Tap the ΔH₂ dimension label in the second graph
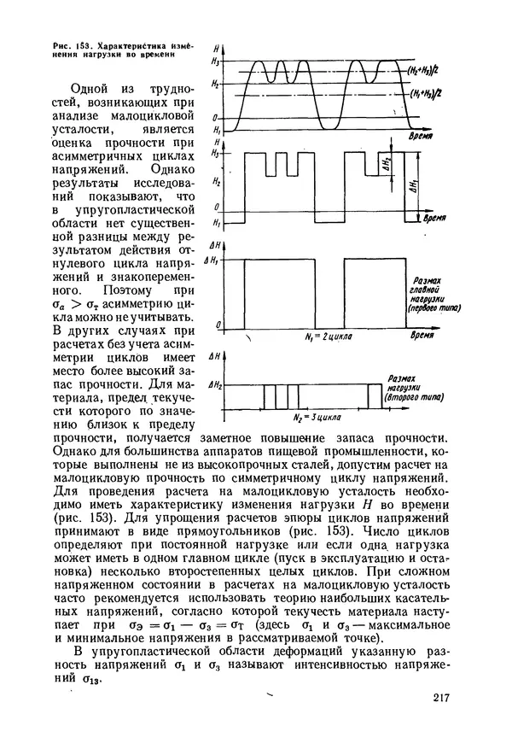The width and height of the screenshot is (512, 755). tap(386, 162)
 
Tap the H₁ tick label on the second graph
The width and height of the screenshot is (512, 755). tap(217, 223)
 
